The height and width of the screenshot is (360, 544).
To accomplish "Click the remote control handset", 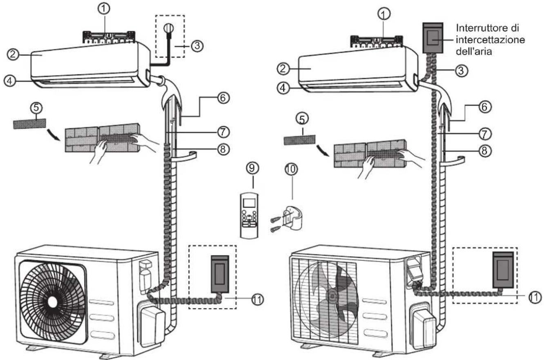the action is pos(249,215).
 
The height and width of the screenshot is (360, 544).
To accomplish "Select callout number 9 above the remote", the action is pos(252,168).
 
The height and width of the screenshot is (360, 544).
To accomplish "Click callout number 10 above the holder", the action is pos(291,169).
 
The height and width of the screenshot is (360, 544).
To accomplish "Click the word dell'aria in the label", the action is pos(474,51).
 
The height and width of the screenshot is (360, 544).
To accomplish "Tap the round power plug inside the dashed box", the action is pos(168,29).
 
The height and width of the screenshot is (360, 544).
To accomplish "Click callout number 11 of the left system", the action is pos(257,299).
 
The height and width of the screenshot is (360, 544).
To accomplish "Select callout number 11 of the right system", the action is pos(535,297).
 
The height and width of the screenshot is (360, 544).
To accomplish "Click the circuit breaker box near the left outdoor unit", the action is pos(220,274).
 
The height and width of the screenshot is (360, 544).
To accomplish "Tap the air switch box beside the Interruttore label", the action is pos(433,38).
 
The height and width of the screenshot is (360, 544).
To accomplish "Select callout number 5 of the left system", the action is pos(36,108).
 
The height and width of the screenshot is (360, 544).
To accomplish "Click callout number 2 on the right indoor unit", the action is pos(283,69).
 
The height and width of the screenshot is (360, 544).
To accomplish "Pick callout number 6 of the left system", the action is pos(223,98).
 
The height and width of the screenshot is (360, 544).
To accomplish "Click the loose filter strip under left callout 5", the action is pos(29,124).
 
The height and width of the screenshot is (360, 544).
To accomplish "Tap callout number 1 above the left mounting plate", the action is pos(104,9).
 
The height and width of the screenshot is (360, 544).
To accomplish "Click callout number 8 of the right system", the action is pos(484,151).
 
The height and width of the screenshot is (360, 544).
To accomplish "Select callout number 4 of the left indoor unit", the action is pos(9,81).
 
